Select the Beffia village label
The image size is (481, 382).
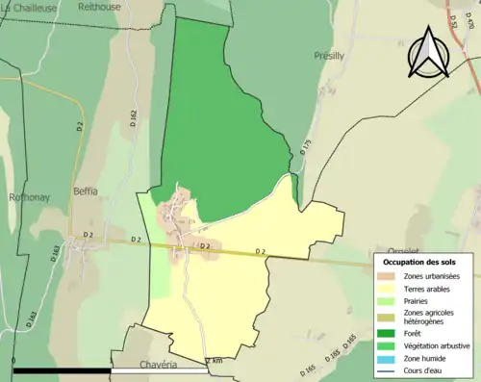[85, 191]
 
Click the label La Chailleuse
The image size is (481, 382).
[30, 7]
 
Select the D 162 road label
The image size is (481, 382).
[133, 119]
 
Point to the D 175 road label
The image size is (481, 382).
[307, 149]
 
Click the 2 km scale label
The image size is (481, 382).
[215, 360]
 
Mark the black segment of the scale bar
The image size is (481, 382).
[63, 369]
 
